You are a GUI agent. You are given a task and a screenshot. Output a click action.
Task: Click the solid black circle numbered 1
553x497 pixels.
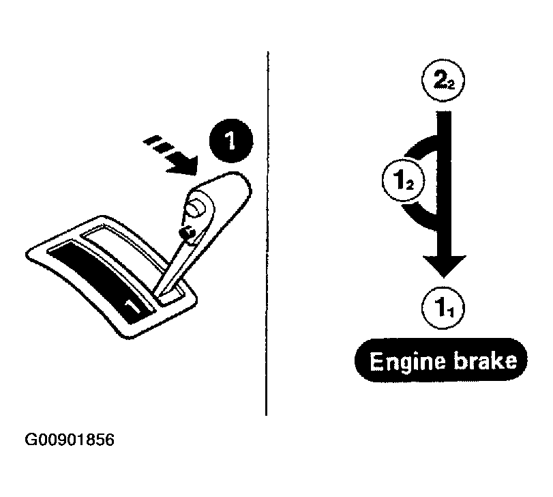231,141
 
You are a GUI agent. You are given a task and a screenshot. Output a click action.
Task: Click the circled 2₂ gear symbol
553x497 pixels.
443,80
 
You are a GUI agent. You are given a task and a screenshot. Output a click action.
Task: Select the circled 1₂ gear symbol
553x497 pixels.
404,181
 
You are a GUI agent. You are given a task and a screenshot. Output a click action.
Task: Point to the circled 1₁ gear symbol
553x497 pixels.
443,308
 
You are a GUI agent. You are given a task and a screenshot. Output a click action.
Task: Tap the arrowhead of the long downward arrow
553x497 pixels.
444,266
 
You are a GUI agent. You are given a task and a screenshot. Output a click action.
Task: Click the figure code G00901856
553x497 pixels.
70,440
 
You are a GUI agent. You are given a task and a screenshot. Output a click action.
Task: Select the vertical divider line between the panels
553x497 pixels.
267,233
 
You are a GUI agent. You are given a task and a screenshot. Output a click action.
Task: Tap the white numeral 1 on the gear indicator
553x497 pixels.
134,306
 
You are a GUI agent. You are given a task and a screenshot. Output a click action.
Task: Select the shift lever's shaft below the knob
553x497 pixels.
171,266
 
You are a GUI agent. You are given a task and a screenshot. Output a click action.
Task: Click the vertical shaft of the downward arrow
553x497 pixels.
444,184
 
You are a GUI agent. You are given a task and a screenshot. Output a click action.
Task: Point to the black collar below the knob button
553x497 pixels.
188,233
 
